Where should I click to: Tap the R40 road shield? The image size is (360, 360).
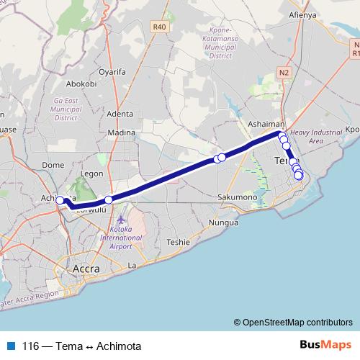(160, 27)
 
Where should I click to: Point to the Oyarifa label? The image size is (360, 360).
(112, 72)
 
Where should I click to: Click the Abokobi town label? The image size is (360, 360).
(81, 84)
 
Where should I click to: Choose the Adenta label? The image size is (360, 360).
(120, 114)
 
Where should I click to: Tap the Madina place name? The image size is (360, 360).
(121, 132)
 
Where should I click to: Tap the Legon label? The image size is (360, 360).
(94, 174)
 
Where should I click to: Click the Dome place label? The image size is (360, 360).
(53, 165)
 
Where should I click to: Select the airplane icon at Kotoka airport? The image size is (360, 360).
(120, 217)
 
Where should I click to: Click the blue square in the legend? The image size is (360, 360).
(11, 346)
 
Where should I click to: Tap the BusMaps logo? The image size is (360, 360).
(325, 345)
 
